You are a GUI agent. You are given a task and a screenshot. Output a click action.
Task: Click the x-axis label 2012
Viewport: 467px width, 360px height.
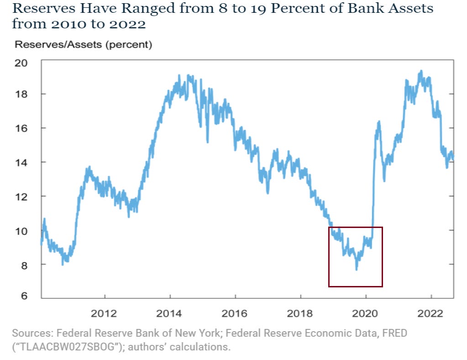click(105, 313)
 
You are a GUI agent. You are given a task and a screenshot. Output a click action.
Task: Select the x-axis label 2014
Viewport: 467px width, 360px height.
click(170, 313)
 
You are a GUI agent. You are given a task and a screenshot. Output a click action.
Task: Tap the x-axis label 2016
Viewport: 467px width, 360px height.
click(235, 313)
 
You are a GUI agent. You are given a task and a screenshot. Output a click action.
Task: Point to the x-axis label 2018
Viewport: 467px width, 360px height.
click(300, 313)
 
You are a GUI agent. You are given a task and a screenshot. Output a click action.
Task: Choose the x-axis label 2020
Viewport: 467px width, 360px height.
click(365, 313)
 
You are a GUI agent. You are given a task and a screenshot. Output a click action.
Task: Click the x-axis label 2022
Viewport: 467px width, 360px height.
click(430, 313)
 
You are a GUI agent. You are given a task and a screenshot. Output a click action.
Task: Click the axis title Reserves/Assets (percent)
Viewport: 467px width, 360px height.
click(84, 45)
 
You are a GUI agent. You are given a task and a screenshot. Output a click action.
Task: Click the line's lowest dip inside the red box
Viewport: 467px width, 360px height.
click(356, 270)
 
